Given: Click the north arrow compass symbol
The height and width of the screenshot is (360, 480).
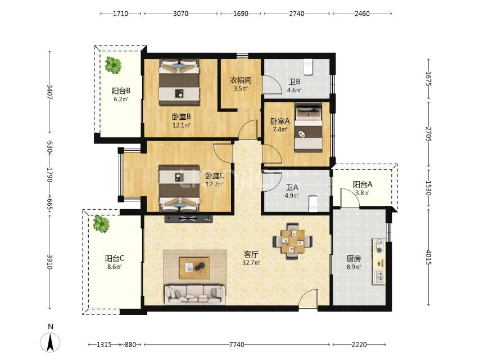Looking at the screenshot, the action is click(50, 341).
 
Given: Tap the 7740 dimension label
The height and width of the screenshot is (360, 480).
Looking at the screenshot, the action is click(237, 345).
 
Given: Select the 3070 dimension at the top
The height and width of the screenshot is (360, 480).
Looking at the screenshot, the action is click(180, 13).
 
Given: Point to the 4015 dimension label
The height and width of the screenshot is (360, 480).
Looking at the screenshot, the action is click(428, 258).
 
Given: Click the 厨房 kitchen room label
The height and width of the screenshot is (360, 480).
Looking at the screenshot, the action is click(354, 259).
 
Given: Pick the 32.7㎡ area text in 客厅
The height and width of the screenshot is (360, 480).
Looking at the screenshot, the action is click(251, 263).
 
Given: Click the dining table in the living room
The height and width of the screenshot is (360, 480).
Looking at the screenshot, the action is click(293, 241).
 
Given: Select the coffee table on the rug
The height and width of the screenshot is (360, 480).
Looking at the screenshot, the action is click(194, 268).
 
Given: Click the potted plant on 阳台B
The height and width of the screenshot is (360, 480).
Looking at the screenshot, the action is click(113, 65).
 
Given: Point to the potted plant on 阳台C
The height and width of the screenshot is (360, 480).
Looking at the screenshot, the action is click(101, 224).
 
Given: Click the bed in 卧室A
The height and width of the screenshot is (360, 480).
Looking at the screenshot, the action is click(308, 128).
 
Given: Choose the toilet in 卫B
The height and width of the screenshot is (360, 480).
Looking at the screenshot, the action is click(308, 67).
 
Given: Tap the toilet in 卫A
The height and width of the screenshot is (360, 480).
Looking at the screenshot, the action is click(313, 204).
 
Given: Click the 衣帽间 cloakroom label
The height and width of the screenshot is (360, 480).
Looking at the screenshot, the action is click(241, 80).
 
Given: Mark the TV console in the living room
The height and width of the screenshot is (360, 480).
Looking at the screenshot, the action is click(189, 218).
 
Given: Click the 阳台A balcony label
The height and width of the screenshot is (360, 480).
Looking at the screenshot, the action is click(363, 184).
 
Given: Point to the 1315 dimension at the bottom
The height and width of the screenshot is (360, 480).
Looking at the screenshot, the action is click(104, 345).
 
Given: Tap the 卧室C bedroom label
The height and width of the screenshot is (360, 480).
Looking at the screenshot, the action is click(215, 176).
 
